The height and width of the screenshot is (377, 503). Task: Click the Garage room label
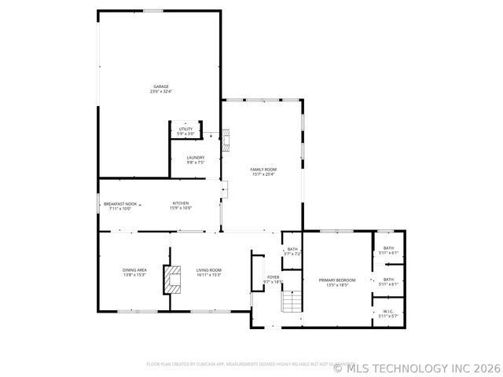160,86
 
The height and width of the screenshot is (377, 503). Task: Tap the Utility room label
185,129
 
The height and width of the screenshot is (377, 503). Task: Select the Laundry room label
196,158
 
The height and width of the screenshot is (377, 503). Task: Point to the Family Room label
263,169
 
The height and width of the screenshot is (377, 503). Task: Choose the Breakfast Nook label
120,203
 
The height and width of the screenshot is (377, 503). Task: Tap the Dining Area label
134,269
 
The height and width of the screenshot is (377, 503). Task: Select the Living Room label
209,269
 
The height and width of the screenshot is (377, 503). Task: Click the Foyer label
273,276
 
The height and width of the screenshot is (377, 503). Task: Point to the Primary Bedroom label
337,280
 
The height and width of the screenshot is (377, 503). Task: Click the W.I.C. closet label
388,311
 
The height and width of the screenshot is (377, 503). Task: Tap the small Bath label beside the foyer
292,249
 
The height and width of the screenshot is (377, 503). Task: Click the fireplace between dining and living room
171,280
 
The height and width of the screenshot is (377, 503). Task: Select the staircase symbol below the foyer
292,302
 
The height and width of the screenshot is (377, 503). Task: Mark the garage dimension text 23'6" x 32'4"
160,92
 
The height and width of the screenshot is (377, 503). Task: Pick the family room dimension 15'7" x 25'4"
263,174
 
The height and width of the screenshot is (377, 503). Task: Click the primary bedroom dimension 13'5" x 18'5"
337,285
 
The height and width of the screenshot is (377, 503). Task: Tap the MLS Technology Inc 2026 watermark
417,367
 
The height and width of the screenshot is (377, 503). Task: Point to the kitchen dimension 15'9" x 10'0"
181,208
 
